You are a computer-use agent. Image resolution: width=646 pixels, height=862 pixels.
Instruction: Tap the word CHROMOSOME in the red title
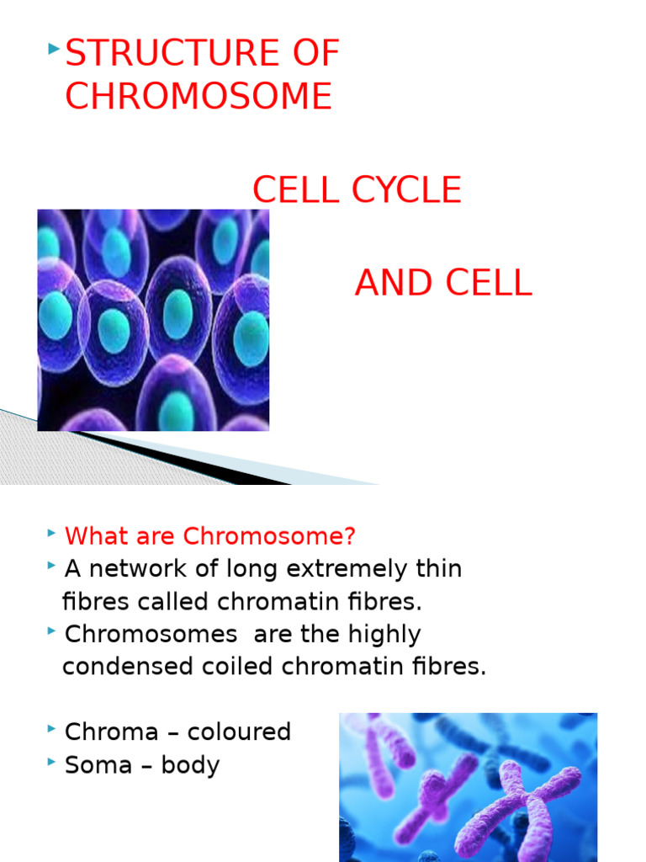[x=199, y=97]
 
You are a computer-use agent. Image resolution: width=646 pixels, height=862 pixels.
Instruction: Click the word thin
[x=438, y=569]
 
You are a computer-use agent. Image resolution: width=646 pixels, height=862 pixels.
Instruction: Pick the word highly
[x=378, y=634]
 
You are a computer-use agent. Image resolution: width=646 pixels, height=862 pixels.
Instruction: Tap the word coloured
[x=239, y=732]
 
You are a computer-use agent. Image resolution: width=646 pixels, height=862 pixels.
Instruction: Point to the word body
[x=193, y=765]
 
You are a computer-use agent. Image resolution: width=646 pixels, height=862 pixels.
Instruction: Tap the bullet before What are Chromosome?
[x=53, y=533]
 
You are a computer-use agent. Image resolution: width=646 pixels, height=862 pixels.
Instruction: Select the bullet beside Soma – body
[x=53, y=762]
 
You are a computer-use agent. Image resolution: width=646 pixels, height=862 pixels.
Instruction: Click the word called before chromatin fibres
[x=177, y=602]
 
